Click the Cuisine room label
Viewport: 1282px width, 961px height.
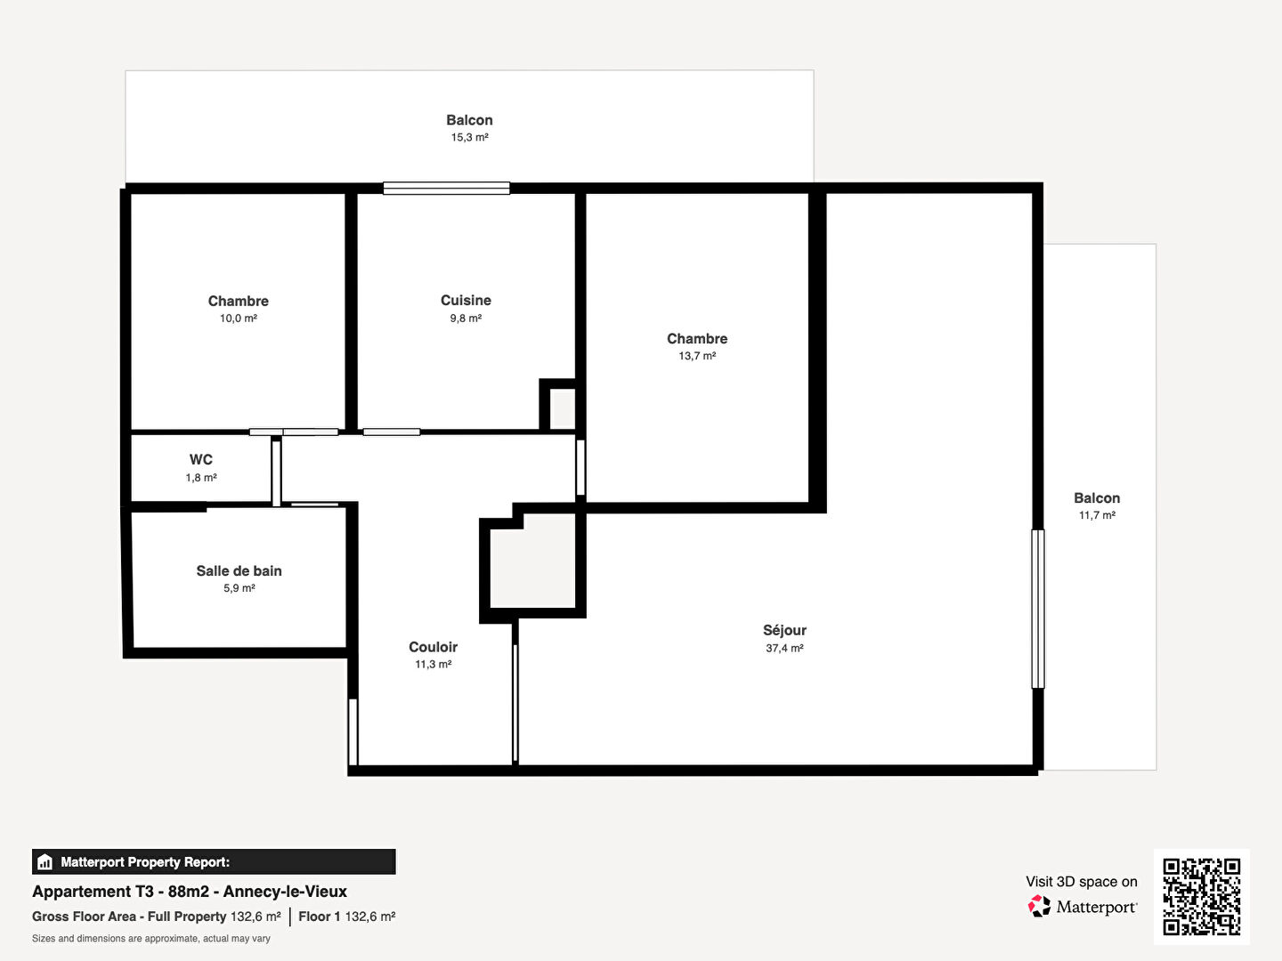click(x=466, y=301)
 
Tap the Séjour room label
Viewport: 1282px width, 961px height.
click(x=784, y=630)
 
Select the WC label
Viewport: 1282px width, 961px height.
click(x=201, y=460)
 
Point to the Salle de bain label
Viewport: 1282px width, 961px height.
click(x=239, y=571)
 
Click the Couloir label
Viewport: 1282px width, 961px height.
click(x=433, y=647)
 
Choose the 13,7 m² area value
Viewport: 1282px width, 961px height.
click(x=697, y=356)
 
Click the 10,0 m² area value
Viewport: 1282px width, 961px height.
click(x=239, y=319)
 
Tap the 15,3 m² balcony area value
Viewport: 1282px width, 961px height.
click(x=469, y=138)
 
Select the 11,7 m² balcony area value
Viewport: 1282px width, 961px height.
click(x=1097, y=515)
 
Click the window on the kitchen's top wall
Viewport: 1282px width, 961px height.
click(x=446, y=188)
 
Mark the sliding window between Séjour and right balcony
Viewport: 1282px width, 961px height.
click(x=1037, y=609)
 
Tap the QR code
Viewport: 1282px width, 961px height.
click(x=1201, y=896)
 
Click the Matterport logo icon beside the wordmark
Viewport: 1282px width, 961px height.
click(x=1039, y=907)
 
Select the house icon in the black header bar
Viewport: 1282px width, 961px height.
click(x=45, y=862)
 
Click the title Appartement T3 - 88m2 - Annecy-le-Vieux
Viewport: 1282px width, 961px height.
click(x=190, y=892)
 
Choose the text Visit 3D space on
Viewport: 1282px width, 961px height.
click(x=1081, y=882)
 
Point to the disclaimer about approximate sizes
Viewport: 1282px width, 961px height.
click(x=151, y=939)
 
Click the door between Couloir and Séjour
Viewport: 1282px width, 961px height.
click(x=515, y=703)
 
